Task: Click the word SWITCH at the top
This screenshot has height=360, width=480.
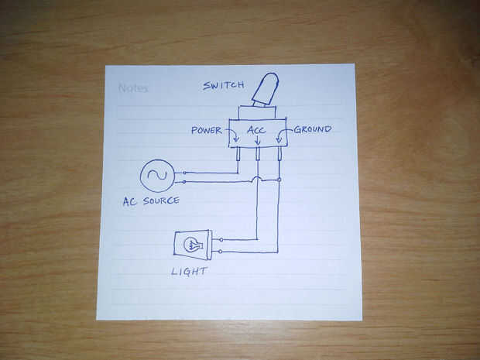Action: click(x=223, y=85)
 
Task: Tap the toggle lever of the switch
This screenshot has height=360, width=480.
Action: click(x=266, y=88)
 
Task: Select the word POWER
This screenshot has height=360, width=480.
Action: click(x=207, y=130)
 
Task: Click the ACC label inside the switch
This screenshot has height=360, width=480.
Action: click(x=257, y=130)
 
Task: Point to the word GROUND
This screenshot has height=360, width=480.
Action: click(x=313, y=129)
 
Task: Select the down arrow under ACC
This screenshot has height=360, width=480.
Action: click(x=257, y=142)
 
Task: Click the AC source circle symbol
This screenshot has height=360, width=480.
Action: click(x=156, y=176)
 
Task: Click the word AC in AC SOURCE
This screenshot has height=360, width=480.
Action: click(x=130, y=201)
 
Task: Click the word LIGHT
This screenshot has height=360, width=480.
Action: click(x=189, y=273)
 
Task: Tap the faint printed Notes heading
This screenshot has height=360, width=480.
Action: click(x=133, y=88)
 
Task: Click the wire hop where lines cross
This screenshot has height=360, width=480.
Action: click(x=257, y=180)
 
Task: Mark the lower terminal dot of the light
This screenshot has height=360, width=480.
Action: click(x=221, y=252)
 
